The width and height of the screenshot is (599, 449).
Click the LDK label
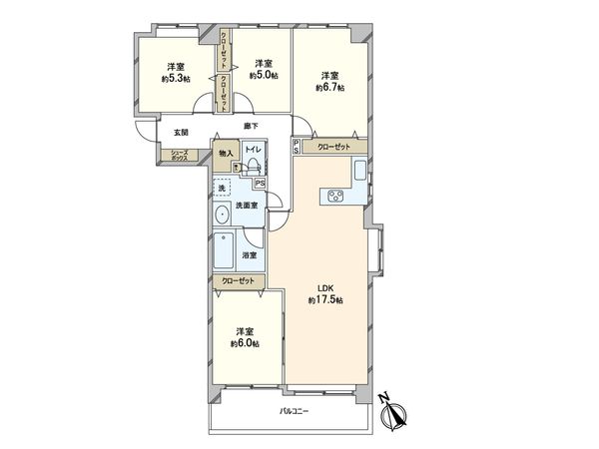coord(325,288)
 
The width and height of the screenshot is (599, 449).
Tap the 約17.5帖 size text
coord(325,300)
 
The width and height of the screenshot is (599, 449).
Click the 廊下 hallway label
coord(251,126)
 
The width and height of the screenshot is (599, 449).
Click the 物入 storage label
coord(226,154)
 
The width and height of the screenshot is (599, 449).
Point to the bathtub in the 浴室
coord(223,254)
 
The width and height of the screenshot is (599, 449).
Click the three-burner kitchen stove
coord(333,197)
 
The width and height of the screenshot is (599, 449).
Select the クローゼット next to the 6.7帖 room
coord(333,148)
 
